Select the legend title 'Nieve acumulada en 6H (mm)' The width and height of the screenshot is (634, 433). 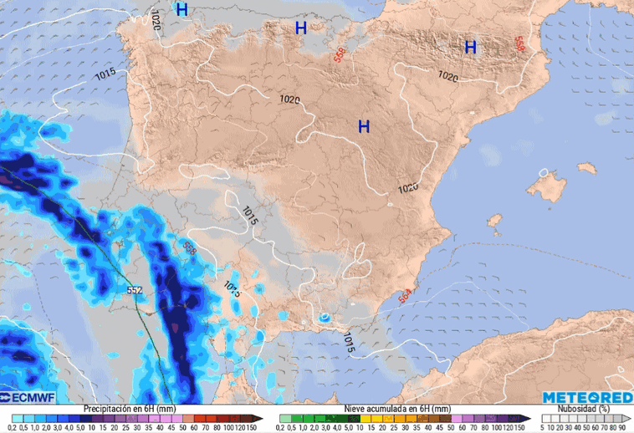tap(398, 408)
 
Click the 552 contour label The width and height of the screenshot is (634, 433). tap(135, 290)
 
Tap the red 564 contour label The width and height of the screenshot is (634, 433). tap(405, 296)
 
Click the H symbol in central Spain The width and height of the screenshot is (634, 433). tap(364, 127)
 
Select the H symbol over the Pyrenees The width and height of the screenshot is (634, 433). tap(470, 48)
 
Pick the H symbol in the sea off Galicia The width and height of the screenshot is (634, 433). tap(182, 10)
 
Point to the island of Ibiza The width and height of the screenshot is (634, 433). tap(494, 223)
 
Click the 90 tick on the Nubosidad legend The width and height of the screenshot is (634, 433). tap(622, 427)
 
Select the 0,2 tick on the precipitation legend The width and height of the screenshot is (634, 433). tap(13, 427)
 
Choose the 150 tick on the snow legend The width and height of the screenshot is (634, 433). tap(521, 427)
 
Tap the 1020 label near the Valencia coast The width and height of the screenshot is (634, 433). tap(407, 188)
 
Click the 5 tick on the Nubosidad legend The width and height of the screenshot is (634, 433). tap(544, 427)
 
